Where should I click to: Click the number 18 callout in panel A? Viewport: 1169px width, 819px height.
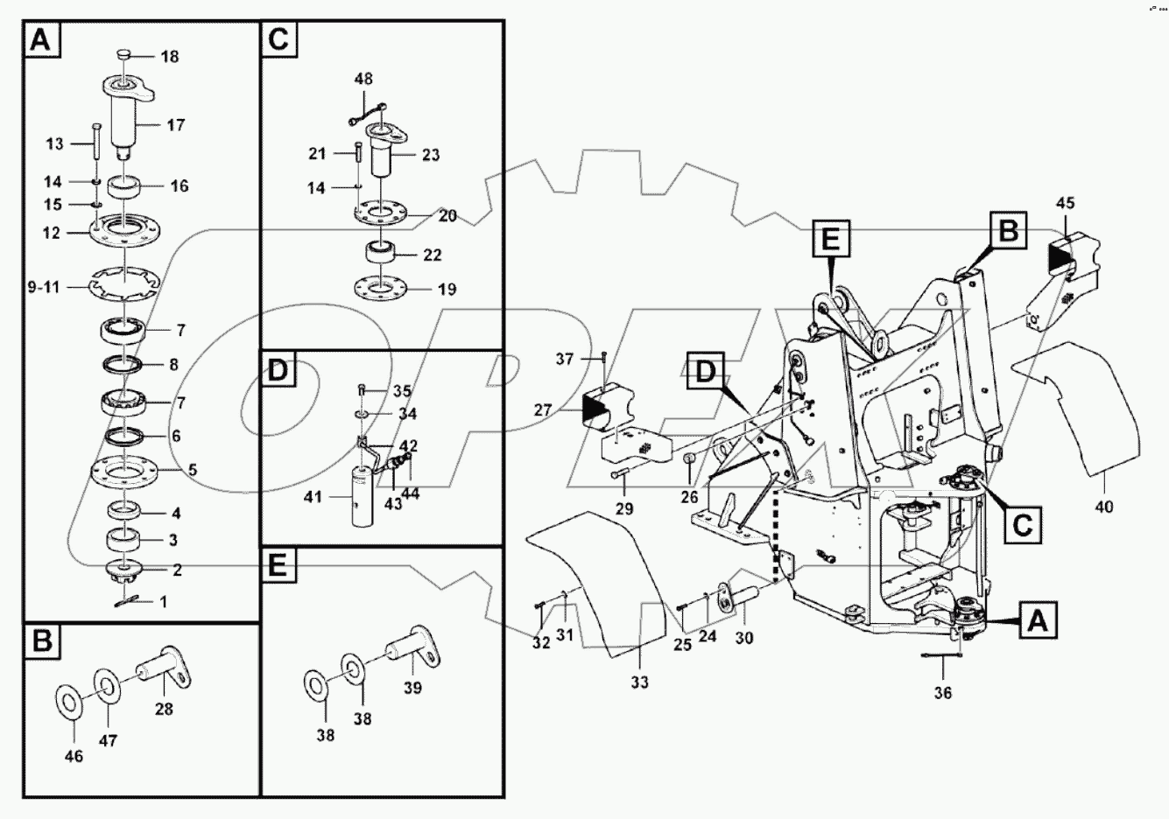(169, 56)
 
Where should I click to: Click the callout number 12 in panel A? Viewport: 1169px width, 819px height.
(51, 234)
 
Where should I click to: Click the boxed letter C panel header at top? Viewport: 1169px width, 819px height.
(278, 40)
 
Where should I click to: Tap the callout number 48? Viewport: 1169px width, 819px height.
(363, 79)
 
